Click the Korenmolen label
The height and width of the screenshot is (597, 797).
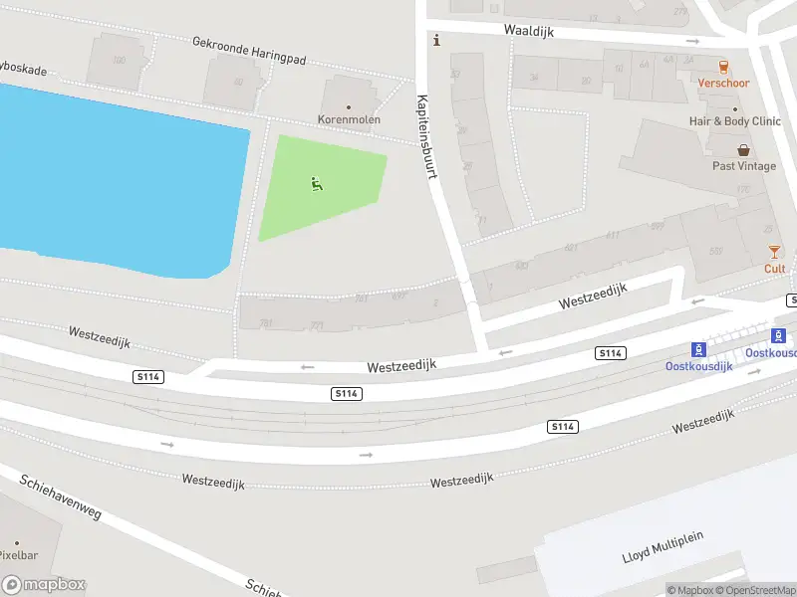tap(349, 119)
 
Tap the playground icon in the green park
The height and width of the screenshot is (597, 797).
tap(317, 183)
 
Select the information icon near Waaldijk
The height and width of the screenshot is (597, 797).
tap(435, 40)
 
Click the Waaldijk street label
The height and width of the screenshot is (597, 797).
tap(527, 30)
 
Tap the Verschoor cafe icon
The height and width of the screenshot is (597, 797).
tap(723, 67)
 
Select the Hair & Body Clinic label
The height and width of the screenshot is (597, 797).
tap(735, 121)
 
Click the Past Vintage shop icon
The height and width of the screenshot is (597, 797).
tap(744, 150)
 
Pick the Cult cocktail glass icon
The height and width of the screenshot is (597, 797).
tap(774, 252)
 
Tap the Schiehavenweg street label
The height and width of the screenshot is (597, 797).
tap(60, 508)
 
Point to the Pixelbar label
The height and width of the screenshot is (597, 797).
tap(19, 555)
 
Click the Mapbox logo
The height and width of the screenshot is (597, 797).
tap(44, 585)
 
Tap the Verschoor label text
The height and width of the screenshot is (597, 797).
tap(723, 84)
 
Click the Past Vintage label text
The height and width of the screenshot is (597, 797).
tap(744, 166)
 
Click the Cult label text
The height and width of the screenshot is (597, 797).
tap(774, 269)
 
